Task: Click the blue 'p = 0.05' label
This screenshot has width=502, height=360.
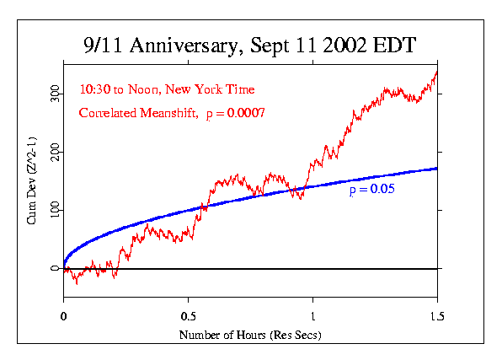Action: click(372, 191)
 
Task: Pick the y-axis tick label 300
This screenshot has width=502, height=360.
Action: click(53, 92)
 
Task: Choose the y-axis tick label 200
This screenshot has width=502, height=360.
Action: click(53, 151)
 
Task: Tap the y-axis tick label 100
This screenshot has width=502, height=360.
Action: click(53, 210)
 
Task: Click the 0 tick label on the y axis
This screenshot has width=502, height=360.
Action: click(53, 269)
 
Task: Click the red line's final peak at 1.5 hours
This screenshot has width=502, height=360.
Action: click(436, 71)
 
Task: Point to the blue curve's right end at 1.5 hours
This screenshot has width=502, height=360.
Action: click(436, 169)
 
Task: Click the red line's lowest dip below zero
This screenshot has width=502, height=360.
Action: click(77, 283)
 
